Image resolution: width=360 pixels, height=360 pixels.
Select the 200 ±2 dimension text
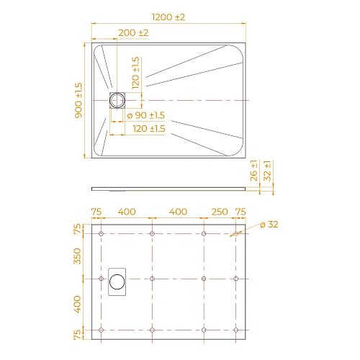(x=133, y=33)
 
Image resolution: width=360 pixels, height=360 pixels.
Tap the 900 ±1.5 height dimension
(x=78, y=99)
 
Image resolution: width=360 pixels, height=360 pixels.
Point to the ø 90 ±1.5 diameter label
(x=146, y=115)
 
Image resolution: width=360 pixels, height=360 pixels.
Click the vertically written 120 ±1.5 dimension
(x=136, y=73)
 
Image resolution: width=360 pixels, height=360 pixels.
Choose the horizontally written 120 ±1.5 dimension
(x=149, y=128)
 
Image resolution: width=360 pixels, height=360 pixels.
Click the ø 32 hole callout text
(x=267, y=225)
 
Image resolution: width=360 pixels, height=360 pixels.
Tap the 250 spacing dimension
(x=220, y=212)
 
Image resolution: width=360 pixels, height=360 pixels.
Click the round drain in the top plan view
(x=117, y=99)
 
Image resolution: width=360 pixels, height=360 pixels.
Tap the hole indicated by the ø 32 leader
(x=235, y=234)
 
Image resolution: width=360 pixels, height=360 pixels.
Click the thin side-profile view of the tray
(x=173, y=188)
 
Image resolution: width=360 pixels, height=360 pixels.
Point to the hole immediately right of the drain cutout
(x=153, y=279)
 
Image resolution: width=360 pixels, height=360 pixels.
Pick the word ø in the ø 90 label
(x=129, y=115)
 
